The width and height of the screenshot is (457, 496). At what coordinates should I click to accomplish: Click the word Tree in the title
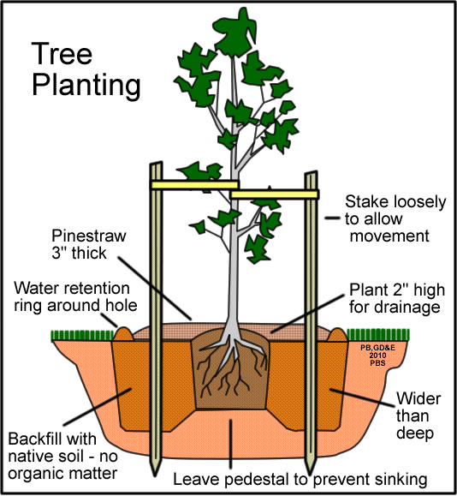click(62, 54)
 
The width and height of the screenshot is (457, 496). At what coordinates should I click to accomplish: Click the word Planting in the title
click(86, 85)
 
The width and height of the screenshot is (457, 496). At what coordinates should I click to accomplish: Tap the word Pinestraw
click(89, 236)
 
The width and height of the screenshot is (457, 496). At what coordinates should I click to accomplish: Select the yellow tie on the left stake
click(194, 185)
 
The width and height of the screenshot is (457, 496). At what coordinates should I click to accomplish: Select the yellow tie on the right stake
click(275, 194)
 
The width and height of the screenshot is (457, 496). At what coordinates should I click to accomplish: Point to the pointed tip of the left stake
click(155, 475)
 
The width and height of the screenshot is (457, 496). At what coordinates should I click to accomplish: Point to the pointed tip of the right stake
click(311, 474)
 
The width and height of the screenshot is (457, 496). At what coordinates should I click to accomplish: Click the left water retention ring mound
click(123, 334)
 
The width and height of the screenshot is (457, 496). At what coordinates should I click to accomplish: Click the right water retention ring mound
click(337, 335)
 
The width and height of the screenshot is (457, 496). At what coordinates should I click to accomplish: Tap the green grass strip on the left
click(82, 335)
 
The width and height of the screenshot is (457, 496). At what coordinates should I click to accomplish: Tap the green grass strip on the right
click(378, 335)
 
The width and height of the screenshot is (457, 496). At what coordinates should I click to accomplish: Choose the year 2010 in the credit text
click(377, 356)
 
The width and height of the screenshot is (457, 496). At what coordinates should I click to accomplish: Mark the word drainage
click(395, 308)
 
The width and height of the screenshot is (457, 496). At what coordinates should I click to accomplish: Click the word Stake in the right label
click(366, 201)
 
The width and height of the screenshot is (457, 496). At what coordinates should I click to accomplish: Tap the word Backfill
click(52, 439)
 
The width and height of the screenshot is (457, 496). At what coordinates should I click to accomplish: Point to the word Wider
click(418, 398)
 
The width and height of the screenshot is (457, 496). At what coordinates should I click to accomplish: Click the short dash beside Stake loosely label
click(332, 218)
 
